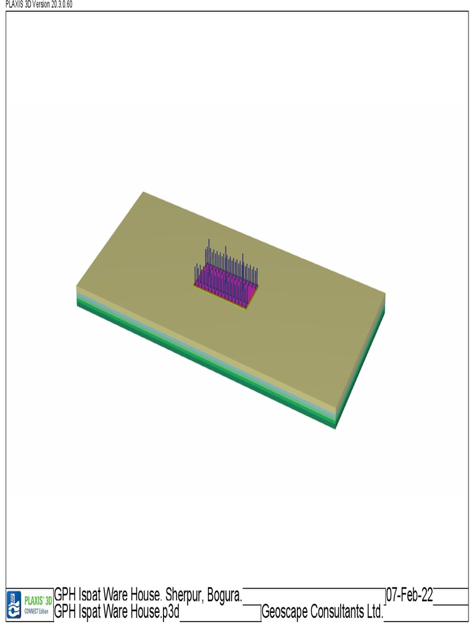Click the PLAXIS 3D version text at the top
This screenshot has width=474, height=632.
[39, 4]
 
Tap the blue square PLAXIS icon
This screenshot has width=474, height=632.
[14, 605]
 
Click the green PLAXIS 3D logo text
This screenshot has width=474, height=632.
[38, 601]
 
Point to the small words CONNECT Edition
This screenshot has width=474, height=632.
[36, 612]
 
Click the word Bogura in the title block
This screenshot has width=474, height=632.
[225, 595]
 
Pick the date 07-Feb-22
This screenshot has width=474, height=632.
[410, 594]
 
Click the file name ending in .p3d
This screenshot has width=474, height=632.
[117, 612]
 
